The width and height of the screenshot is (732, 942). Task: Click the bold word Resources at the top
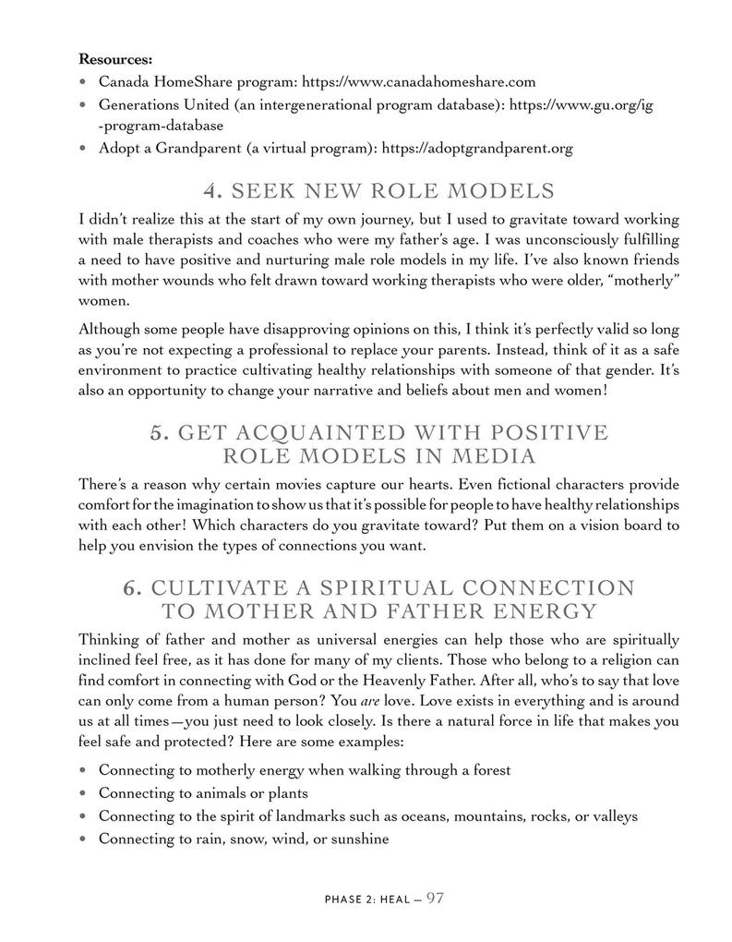(x=115, y=59)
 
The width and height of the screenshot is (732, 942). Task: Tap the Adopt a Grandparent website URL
(x=477, y=147)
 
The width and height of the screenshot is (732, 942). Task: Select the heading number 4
(x=212, y=191)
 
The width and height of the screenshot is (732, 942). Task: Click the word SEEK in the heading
(x=261, y=191)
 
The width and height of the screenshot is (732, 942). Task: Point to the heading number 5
(x=159, y=432)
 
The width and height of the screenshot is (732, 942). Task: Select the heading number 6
(x=132, y=588)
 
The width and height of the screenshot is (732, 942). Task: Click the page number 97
(x=436, y=896)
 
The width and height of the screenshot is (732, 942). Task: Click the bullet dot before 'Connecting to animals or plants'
(x=84, y=793)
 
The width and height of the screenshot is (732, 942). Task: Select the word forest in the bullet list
(x=487, y=769)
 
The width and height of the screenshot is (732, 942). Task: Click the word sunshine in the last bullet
(x=358, y=839)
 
